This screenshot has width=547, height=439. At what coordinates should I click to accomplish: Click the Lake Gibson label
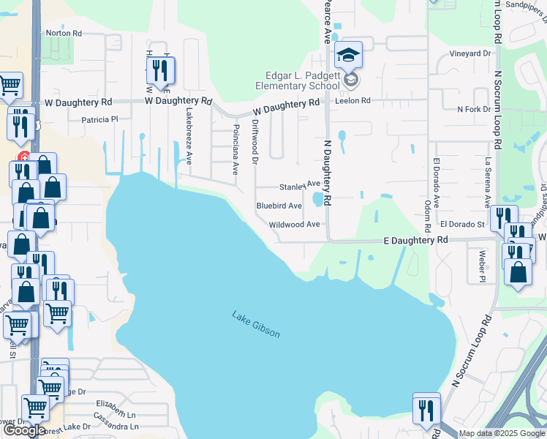tap(256, 325)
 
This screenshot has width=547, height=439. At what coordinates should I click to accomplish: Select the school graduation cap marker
tap(348, 55)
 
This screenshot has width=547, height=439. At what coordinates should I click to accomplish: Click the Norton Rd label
tap(64, 33)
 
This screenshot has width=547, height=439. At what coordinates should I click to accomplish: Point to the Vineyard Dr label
tap(470, 53)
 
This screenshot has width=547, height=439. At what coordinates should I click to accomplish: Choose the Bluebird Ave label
tap(279, 206)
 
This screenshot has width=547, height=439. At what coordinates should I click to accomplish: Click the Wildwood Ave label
tap(295, 225)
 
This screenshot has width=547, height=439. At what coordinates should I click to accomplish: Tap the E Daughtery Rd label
tap(416, 240)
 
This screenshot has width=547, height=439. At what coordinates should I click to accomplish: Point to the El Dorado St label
tap(462, 224)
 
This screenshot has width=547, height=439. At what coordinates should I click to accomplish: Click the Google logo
tap(24, 430)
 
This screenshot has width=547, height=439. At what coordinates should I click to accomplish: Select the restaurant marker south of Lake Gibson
tap(426, 410)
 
